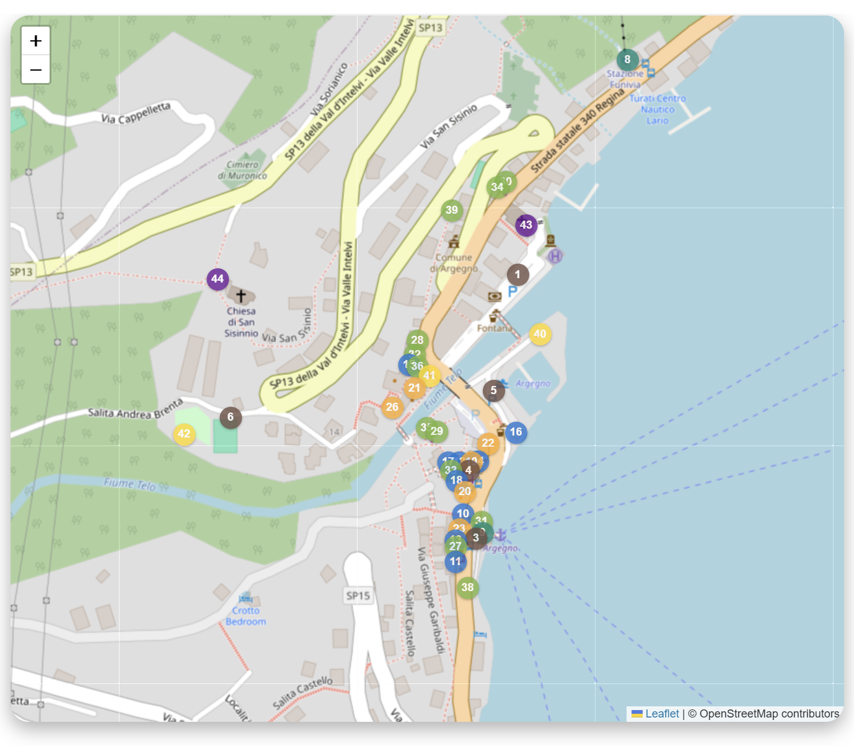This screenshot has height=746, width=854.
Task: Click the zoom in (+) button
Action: (36, 41)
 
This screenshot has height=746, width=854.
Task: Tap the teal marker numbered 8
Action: (627, 59)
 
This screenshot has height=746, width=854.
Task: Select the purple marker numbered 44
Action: (218, 279)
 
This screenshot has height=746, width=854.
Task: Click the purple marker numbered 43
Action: (526, 225)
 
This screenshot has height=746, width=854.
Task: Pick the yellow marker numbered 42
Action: (184, 434)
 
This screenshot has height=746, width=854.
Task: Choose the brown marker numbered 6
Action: (231, 417)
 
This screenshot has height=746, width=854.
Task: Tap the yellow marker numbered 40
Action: (540, 334)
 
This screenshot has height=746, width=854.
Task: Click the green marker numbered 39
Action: (452, 210)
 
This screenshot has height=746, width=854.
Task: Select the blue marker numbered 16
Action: (516, 432)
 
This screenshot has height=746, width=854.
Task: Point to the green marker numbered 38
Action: (467, 587)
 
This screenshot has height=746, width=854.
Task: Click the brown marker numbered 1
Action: (517, 274)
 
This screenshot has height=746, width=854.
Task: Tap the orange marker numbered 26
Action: (392, 407)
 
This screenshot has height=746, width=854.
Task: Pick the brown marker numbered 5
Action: (493, 390)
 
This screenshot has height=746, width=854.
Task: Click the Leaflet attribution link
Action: (662, 714)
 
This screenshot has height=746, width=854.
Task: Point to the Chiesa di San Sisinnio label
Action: (241, 322)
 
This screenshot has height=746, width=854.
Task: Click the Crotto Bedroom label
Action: (245, 616)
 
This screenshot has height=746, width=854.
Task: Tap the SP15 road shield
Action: (358, 596)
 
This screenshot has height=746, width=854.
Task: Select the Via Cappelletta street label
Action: (136, 113)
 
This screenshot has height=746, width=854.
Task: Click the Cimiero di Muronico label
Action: (242, 170)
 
